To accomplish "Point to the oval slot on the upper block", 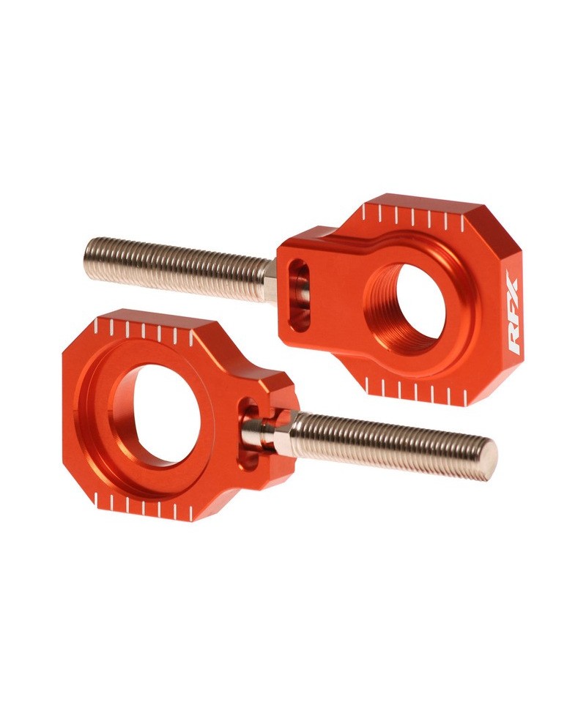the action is pyautogui.click(x=297, y=293).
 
